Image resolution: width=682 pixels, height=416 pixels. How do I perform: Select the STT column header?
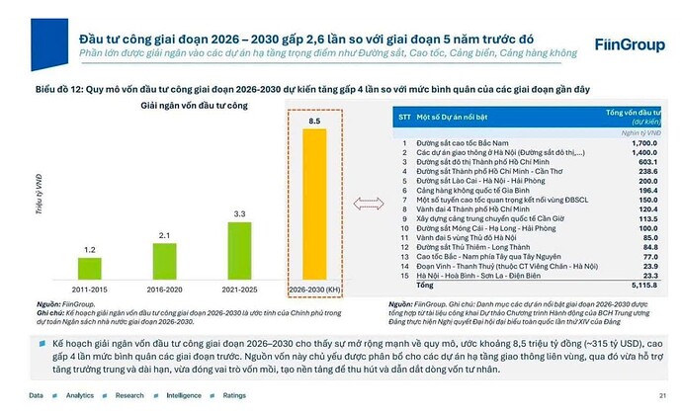[x=404, y=117]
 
